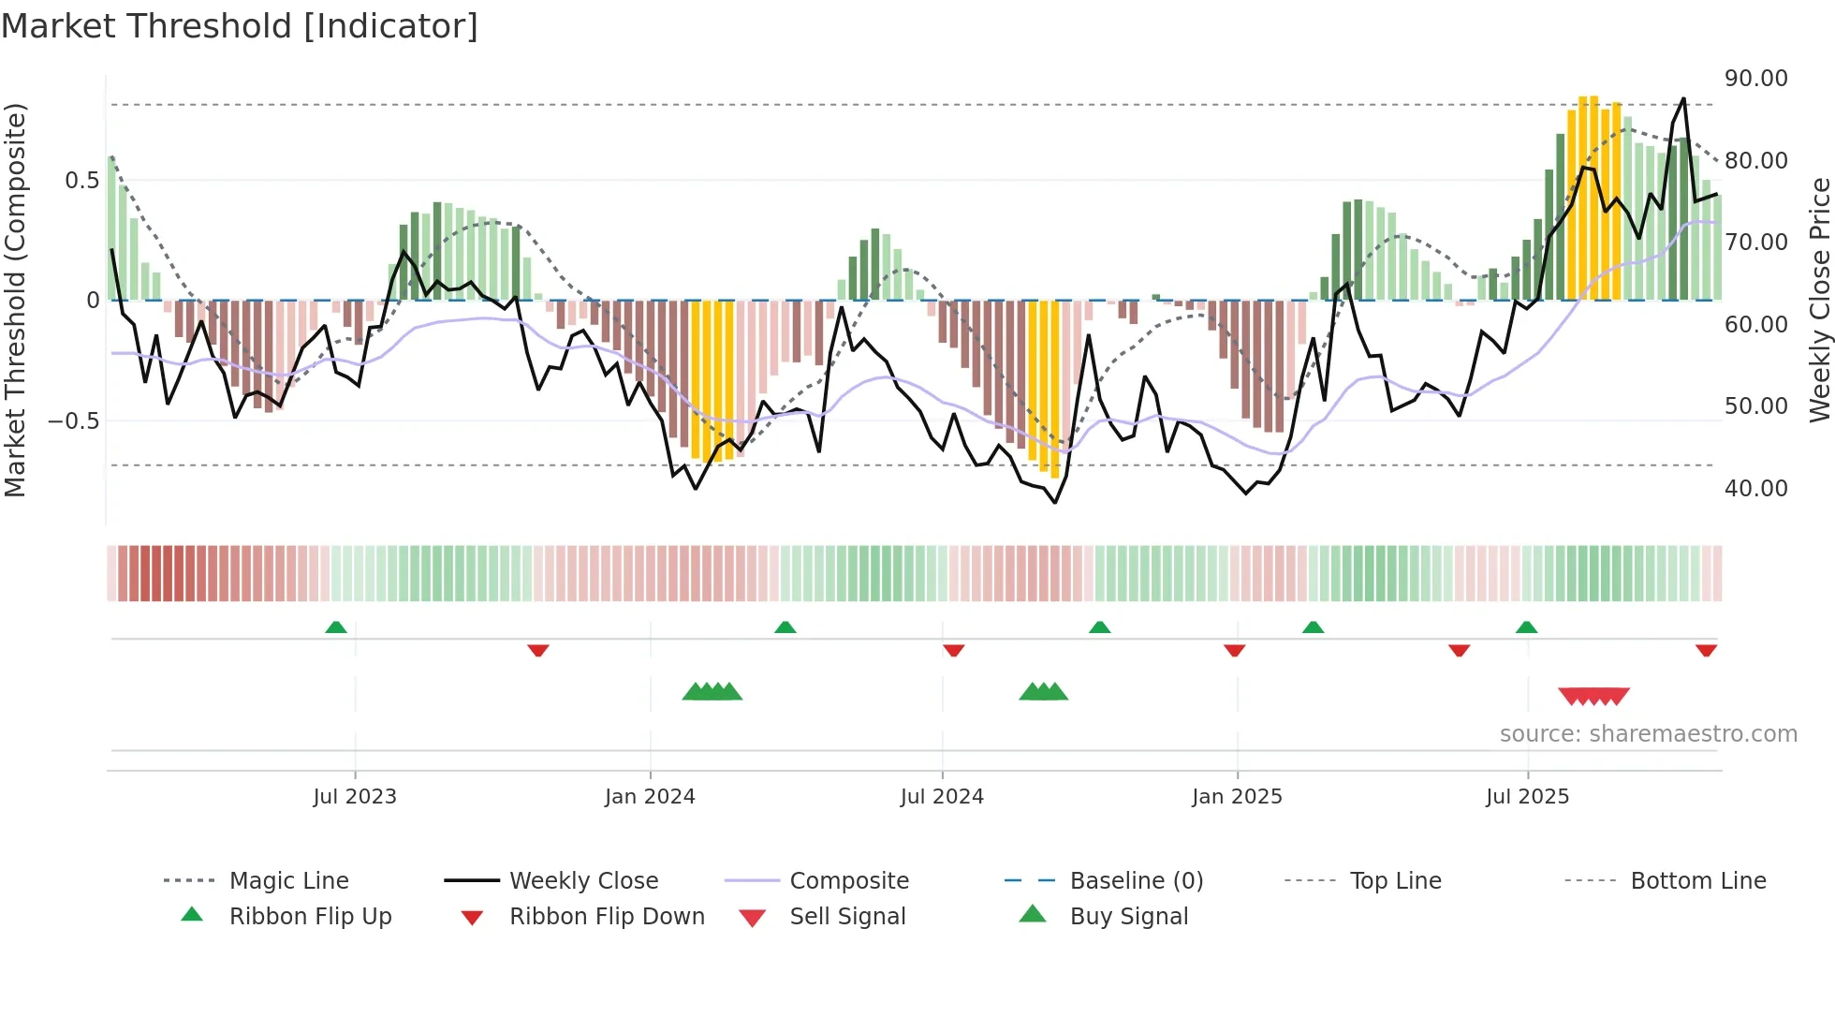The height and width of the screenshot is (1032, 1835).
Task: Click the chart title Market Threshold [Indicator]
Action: pyautogui.click(x=240, y=26)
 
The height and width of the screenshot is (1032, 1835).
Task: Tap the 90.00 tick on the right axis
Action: pyautogui.click(x=1755, y=79)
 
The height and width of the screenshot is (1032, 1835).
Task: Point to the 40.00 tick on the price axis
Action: pyautogui.click(x=1755, y=488)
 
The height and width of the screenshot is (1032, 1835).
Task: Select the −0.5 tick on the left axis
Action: pyautogui.click(x=73, y=420)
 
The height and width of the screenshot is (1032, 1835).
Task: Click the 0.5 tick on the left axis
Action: pyautogui.click(x=81, y=180)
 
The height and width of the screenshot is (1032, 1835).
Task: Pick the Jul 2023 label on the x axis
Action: pyautogui.click(x=355, y=797)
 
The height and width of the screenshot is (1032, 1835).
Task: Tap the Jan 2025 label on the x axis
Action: pyautogui.click(x=1237, y=797)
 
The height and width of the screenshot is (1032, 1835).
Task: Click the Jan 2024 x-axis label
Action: pyautogui.click(x=650, y=797)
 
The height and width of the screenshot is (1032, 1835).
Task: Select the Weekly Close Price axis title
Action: pyautogui.click(x=1818, y=300)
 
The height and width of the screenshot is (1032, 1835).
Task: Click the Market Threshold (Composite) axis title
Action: pyautogui.click(x=15, y=300)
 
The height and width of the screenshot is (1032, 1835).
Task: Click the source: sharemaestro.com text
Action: pyautogui.click(x=1648, y=734)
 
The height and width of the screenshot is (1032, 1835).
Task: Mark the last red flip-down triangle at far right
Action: pyautogui.click(x=1706, y=650)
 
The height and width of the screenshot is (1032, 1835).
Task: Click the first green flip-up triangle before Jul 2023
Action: pyautogui.click(x=336, y=627)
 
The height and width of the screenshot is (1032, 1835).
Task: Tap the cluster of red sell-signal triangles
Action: pyautogui.click(x=1593, y=696)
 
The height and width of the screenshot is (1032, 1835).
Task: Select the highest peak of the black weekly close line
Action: pyautogui.click(x=1683, y=99)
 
